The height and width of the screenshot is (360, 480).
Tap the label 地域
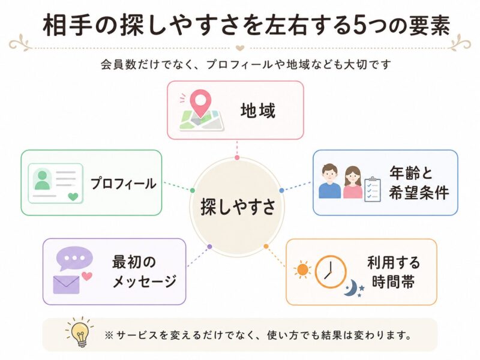(x=258, y=110)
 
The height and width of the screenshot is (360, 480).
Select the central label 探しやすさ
(x=238, y=206)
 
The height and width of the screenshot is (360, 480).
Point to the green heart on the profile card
(x=73, y=196)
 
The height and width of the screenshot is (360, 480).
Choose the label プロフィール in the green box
(x=123, y=184)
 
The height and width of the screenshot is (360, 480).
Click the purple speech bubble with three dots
(x=74, y=259)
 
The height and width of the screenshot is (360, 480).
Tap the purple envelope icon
(x=67, y=284)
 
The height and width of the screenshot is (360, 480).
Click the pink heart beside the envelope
(x=87, y=276)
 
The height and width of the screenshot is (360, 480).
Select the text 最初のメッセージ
(x=144, y=272)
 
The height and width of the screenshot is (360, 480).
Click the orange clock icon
(x=331, y=272)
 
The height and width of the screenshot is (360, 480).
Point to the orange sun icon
(x=302, y=269)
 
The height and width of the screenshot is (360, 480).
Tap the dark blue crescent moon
(x=350, y=288)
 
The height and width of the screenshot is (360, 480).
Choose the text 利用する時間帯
(x=394, y=272)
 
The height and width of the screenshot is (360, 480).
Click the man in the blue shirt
(x=329, y=181)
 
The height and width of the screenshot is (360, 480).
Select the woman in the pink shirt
(x=353, y=182)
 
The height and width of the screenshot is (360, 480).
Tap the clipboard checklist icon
(x=373, y=189)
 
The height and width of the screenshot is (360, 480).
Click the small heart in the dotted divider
(x=239, y=48)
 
